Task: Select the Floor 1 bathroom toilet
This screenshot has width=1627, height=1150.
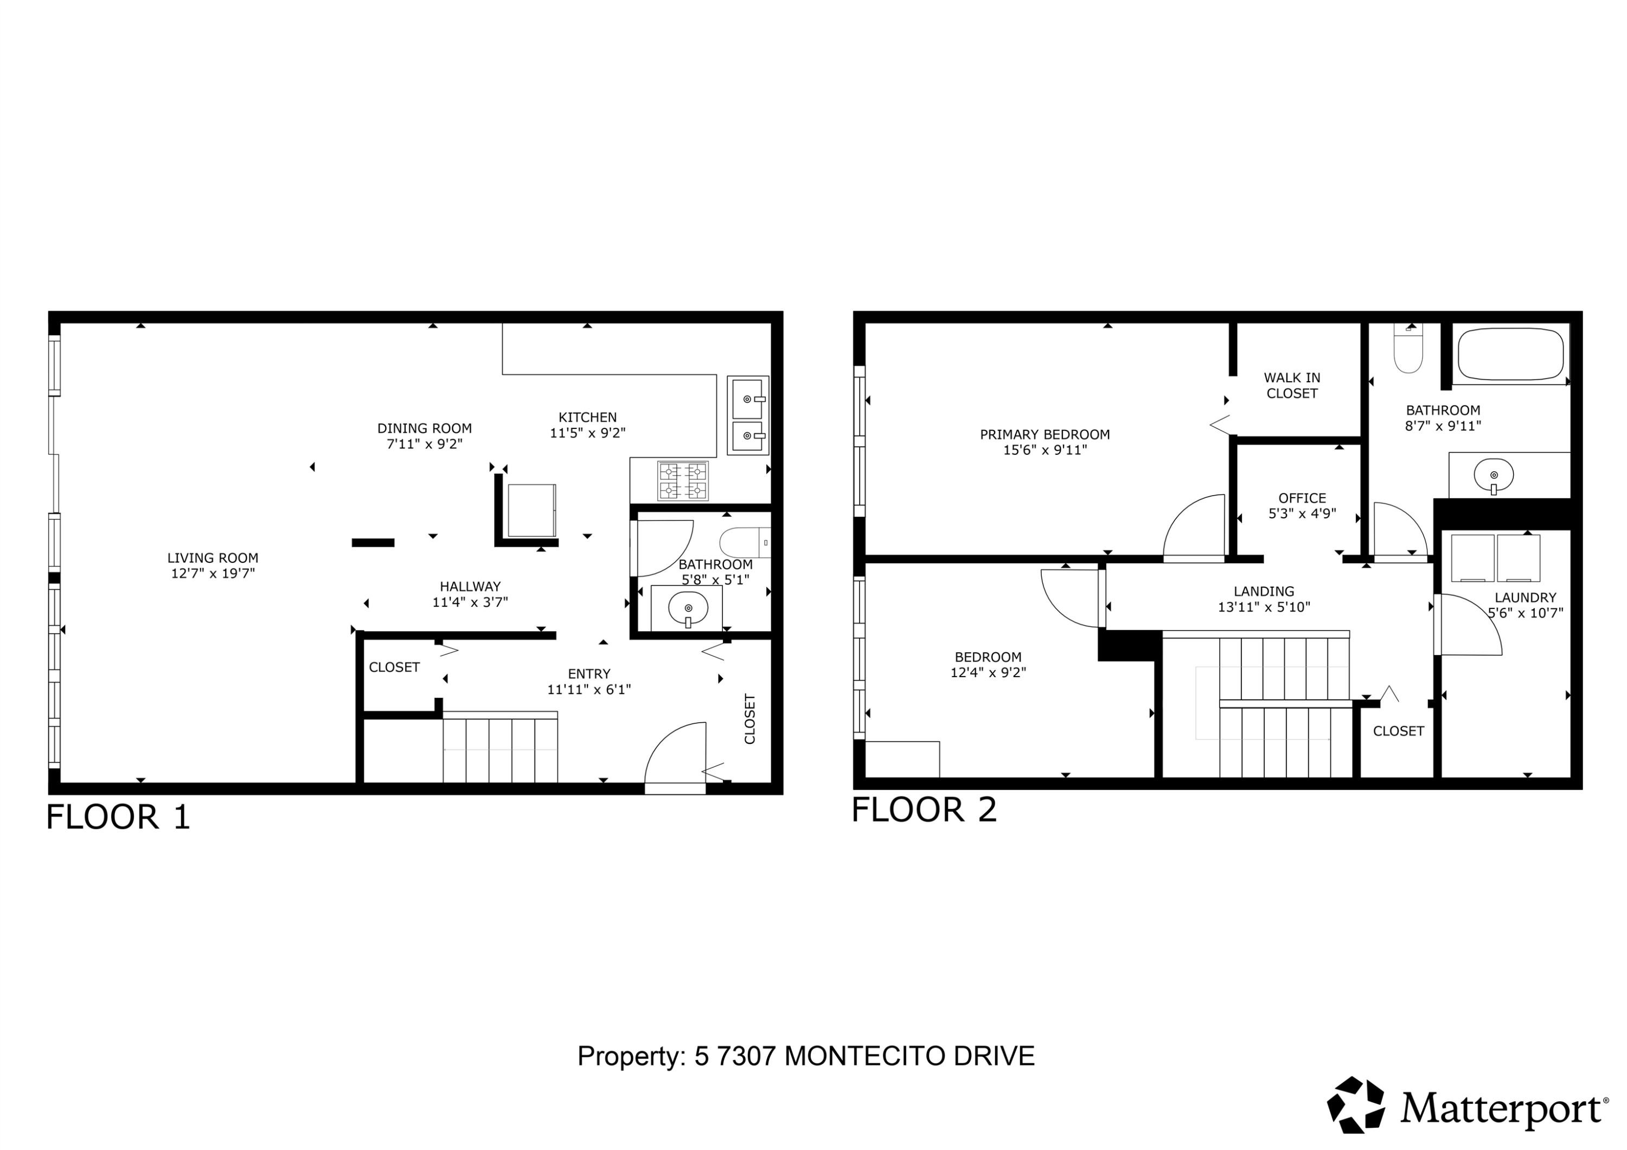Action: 744,543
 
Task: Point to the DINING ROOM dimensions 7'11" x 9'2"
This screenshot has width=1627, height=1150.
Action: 425,444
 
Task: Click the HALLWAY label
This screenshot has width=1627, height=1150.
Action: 471,587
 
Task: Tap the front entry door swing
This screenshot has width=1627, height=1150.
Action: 675,755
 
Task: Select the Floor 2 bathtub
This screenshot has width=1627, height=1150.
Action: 1511,356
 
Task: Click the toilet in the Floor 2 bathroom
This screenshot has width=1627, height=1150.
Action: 1408,349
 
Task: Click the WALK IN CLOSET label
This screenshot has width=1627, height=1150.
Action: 1292,386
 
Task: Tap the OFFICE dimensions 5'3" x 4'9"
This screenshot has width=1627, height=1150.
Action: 1303,513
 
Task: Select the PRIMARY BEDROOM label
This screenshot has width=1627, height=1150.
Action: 1045,434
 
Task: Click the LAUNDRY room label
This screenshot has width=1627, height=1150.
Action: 1526,598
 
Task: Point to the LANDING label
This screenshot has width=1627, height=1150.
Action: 1264,591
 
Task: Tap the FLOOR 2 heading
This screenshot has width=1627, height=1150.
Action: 924,810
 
